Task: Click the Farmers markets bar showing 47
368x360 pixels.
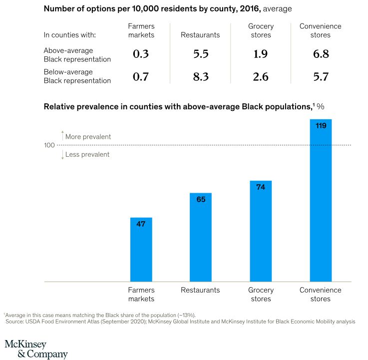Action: point(141,249)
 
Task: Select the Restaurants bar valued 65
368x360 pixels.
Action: point(201,237)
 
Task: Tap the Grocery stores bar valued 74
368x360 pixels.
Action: point(261,231)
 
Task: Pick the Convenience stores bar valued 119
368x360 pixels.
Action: point(321,200)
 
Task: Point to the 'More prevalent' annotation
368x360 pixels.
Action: point(88,137)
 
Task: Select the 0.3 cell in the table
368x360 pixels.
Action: point(141,54)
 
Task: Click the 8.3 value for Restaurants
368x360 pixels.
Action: point(201,76)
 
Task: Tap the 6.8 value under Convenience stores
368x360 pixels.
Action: point(321,54)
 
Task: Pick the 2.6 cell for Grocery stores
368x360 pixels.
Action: point(261,76)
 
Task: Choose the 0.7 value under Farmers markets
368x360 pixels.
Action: point(141,76)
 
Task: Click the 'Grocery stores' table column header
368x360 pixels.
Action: point(261,30)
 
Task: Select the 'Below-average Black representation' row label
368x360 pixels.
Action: point(77,76)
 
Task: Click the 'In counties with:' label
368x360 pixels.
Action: point(69,35)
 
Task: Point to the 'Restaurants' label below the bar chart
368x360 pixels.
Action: point(200,290)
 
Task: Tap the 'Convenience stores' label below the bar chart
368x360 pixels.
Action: point(321,294)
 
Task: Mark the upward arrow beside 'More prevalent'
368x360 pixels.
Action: point(62,135)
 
